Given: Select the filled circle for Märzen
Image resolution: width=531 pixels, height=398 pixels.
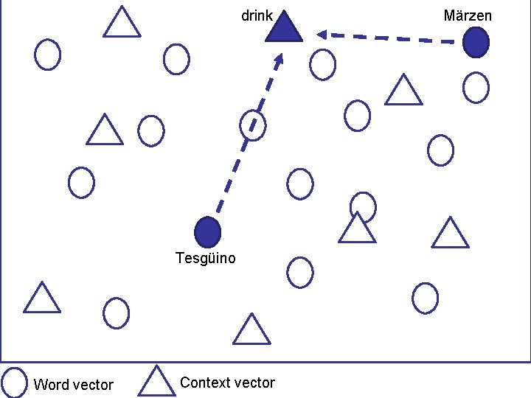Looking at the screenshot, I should pyautogui.click(x=476, y=43).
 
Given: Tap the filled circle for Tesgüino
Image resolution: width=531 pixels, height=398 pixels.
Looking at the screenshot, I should pyautogui.click(x=207, y=232).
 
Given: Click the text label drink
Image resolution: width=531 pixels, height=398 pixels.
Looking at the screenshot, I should pyautogui.click(x=257, y=15).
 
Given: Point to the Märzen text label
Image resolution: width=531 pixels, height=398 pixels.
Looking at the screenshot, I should pyautogui.click(x=468, y=15).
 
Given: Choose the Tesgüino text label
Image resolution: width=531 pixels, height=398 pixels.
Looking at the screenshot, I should pyautogui.click(x=206, y=258).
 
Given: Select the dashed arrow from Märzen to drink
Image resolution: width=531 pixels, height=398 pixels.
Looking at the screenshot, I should pyautogui.click(x=391, y=38).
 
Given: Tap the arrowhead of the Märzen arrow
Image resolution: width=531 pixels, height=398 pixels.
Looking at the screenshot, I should pyautogui.click(x=321, y=34).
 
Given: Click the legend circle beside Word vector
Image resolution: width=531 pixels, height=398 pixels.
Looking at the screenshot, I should pyautogui.click(x=14, y=381).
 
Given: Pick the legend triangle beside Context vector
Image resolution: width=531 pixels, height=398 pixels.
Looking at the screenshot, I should pyautogui.click(x=156, y=381).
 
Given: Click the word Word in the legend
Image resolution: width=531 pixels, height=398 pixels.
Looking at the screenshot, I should pyautogui.click(x=51, y=385).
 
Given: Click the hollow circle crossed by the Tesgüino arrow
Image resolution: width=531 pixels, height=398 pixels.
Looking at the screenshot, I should pyautogui.click(x=253, y=125).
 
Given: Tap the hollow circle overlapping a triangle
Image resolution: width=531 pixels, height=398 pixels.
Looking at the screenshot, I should pyautogui.click(x=363, y=207).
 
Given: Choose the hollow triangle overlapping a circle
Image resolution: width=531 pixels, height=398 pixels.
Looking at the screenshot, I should pyautogui.click(x=358, y=228).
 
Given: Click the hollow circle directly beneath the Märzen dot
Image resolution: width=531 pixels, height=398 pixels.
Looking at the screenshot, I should pyautogui.click(x=476, y=88).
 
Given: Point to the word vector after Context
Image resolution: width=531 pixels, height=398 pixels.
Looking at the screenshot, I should pyautogui.click(x=256, y=383).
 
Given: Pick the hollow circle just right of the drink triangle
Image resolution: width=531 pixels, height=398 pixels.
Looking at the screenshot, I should pyautogui.click(x=322, y=64).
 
